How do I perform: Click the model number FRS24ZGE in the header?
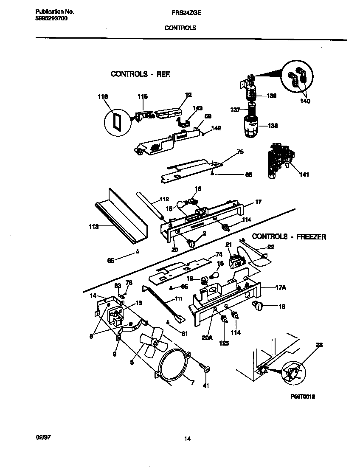coord(183,13)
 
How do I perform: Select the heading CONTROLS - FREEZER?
coord(289,237)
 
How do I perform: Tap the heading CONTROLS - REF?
coord(141,74)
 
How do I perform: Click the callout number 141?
coord(304,174)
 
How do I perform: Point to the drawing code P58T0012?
coord(302,396)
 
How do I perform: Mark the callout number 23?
coord(319,345)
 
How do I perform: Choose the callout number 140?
coord(305,101)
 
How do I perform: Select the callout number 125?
coord(224,343)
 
